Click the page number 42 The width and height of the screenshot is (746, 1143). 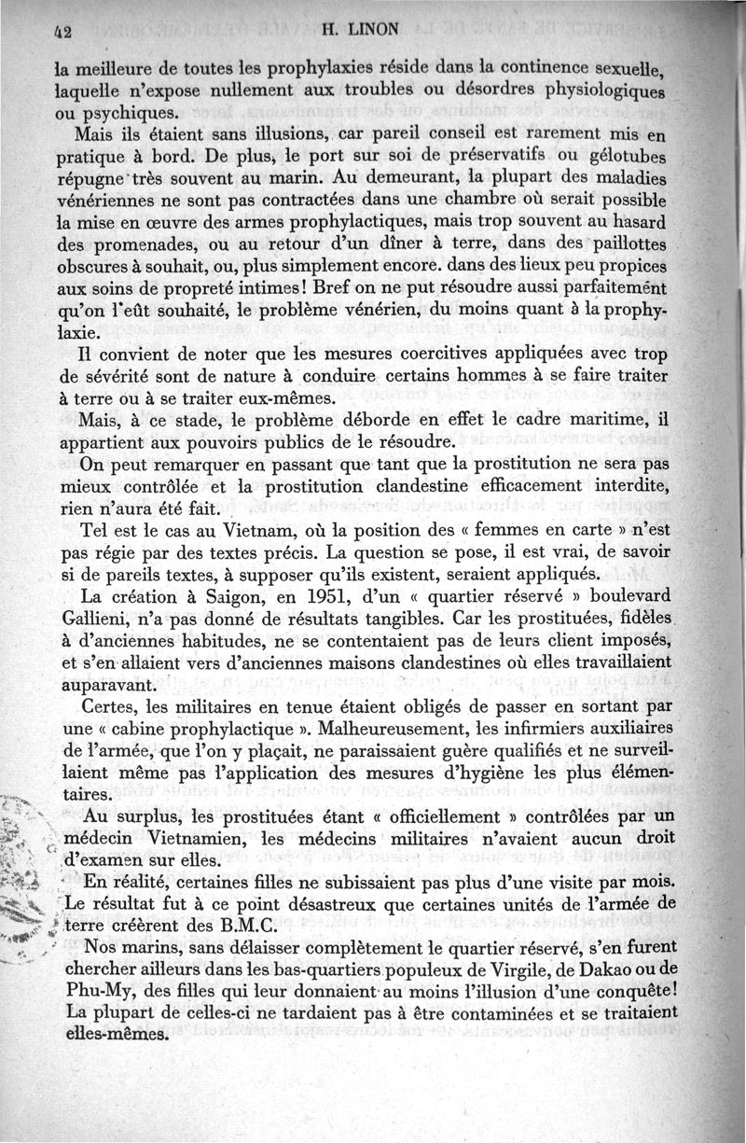coord(63,29)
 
